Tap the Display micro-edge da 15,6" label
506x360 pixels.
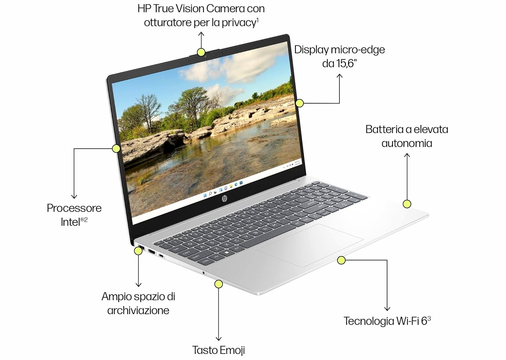coord(339,56)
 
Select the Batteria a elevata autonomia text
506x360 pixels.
coord(407,136)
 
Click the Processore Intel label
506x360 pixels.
coord(74,214)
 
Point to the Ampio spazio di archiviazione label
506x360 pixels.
coord(138,303)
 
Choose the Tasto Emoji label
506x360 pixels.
coord(218,350)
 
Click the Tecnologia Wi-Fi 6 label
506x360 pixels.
coord(387,320)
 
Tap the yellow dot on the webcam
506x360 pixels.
coord(201,52)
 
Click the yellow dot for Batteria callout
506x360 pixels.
coord(407,204)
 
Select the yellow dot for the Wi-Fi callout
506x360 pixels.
coord(341,260)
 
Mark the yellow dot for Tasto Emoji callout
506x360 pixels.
coord(219,284)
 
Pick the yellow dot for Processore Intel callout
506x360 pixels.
coord(116,148)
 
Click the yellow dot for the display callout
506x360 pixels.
coord(299,103)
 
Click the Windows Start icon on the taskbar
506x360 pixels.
coord(205,195)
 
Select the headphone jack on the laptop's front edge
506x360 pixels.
coord(203,272)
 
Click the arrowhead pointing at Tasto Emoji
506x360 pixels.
coord(219,338)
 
